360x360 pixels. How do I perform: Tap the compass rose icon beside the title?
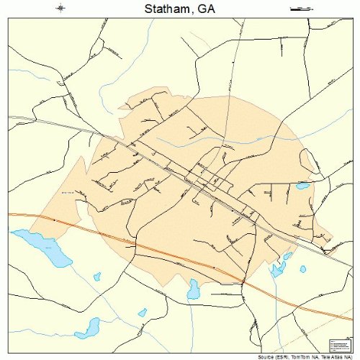click(61, 9)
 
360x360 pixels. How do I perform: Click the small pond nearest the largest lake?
click(97, 276)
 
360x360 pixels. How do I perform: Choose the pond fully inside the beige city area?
click(302, 186)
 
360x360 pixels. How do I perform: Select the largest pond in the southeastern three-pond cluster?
click(276, 271)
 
